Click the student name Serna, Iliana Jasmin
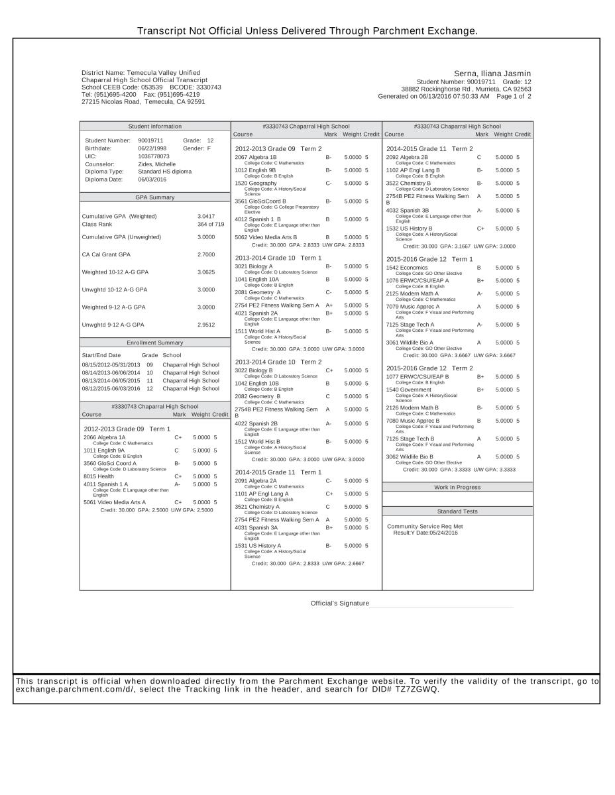[x=492, y=74]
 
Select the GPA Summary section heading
[x=155, y=197]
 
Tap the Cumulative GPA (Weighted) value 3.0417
[x=206, y=217]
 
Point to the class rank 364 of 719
[x=211, y=225]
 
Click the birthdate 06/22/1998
[x=152, y=149]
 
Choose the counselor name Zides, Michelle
[x=156, y=164]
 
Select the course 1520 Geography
[x=256, y=184]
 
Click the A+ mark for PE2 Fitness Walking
[x=329, y=305]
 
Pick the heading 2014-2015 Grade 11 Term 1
[x=278, y=472]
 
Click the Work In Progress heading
[x=457, y=488]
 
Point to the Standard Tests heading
[x=457, y=512]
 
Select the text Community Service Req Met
[x=425, y=527]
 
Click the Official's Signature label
[x=340, y=604]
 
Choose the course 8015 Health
[x=99, y=476]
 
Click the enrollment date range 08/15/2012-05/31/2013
[x=111, y=365]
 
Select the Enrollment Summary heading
[x=155, y=343]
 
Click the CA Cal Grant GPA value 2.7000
[x=206, y=254]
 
